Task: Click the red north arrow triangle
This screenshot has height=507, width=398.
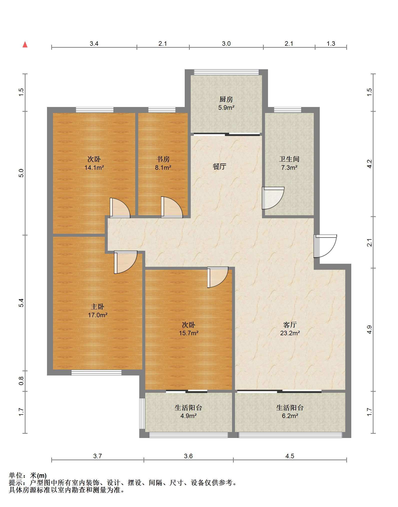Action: coord(25,44)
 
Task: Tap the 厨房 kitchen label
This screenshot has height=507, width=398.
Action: coord(226,99)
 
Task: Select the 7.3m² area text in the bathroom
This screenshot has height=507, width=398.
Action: coord(289,167)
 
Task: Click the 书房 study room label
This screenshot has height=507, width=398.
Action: coord(163,159)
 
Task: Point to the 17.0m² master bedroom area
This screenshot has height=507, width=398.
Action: coord(97,315)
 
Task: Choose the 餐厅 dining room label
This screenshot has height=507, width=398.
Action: coord(219,166)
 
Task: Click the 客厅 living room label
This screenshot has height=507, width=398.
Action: coord(290,325)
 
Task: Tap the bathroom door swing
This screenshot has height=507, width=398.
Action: coord(273,198)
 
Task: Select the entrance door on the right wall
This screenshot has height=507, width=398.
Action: coord(325,246)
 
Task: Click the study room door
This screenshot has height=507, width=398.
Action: coord(172,207)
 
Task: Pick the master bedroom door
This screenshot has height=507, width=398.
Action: coord(126,262)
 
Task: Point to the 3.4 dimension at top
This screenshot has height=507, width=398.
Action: coord(94,43)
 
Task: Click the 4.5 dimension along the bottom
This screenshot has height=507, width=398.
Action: coord(290,456)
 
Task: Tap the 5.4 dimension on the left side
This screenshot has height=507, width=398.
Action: coord(21,303)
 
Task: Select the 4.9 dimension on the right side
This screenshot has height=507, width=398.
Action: coord(369,329)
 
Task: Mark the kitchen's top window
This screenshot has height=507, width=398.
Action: coord(226,72)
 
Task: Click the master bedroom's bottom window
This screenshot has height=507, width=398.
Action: coord(96,373)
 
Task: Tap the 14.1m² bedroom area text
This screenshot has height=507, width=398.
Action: coord(94,167)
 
